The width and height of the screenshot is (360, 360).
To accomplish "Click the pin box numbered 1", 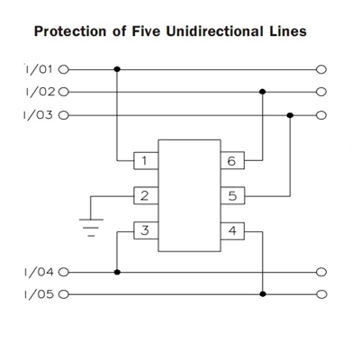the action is [146, 161].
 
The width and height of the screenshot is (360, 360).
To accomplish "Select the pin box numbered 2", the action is [146, 196].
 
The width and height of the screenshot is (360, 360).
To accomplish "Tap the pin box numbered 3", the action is [146, 230].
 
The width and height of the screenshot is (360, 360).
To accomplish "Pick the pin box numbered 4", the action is [232, 231].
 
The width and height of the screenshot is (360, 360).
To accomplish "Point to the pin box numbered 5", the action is [232, 196].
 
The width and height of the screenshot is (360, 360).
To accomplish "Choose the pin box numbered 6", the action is [232, 161].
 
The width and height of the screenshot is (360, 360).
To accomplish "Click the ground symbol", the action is [91, 228].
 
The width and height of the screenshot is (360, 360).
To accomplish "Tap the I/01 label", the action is [39, 69].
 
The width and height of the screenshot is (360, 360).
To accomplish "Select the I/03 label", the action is [38, 115].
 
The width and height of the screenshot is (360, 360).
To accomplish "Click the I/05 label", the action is [39, 294].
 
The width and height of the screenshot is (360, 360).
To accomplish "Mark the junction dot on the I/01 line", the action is [117, 69].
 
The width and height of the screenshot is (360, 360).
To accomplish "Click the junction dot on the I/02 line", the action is [263, 92].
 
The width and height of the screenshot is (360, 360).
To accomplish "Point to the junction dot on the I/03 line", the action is [290, 115].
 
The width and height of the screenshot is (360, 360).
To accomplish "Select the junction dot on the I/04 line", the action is [117, 272].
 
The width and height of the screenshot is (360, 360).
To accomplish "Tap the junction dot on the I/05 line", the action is [263, 294].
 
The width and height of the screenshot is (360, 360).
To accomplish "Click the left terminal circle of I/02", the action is [64, 92].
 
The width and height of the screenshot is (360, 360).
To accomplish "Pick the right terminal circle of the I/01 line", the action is [321, 69].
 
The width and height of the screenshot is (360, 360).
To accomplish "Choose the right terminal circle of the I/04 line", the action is [321, 272].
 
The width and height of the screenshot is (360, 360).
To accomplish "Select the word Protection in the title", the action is [70, 31].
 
